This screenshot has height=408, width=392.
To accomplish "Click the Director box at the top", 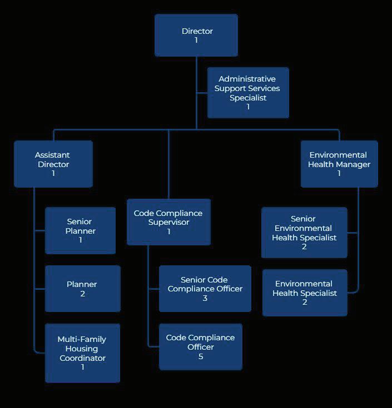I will point(196,36).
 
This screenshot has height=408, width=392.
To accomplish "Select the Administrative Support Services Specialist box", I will point(248,93).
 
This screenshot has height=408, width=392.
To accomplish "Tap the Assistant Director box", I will point(53,164).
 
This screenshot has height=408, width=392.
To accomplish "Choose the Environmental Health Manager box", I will point(339,164).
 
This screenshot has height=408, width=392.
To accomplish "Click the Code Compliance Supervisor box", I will point(168,222).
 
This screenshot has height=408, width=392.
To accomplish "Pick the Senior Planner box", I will point(81,230).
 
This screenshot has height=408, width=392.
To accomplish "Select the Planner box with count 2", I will point(82,289).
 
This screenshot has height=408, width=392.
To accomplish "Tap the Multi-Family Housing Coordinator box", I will point(82,353).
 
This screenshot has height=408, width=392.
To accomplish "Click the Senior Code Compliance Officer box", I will point(205,289).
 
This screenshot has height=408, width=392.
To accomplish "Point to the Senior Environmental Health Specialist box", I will point(304,233).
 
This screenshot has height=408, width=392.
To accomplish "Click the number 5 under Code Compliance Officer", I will point(201,356).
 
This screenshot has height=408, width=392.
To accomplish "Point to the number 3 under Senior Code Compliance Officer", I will point(205,298).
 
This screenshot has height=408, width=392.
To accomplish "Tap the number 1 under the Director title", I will point(196,41).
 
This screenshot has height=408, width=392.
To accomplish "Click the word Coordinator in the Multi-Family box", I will point(82,358).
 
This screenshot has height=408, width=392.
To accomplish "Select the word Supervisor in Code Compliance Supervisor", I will point(168,222).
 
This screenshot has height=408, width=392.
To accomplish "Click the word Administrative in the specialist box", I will point(247,79).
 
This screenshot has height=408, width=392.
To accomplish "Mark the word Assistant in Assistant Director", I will point(52,155).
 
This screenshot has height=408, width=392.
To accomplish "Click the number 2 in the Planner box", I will point(82,294).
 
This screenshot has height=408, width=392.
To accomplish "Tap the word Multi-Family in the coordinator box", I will point(82,339).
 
